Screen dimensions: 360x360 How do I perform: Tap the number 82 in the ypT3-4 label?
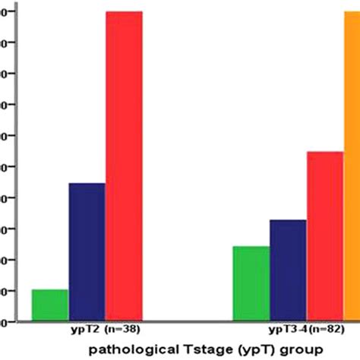330,330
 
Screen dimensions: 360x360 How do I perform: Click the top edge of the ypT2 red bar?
123,12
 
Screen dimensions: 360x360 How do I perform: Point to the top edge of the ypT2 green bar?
49,290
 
